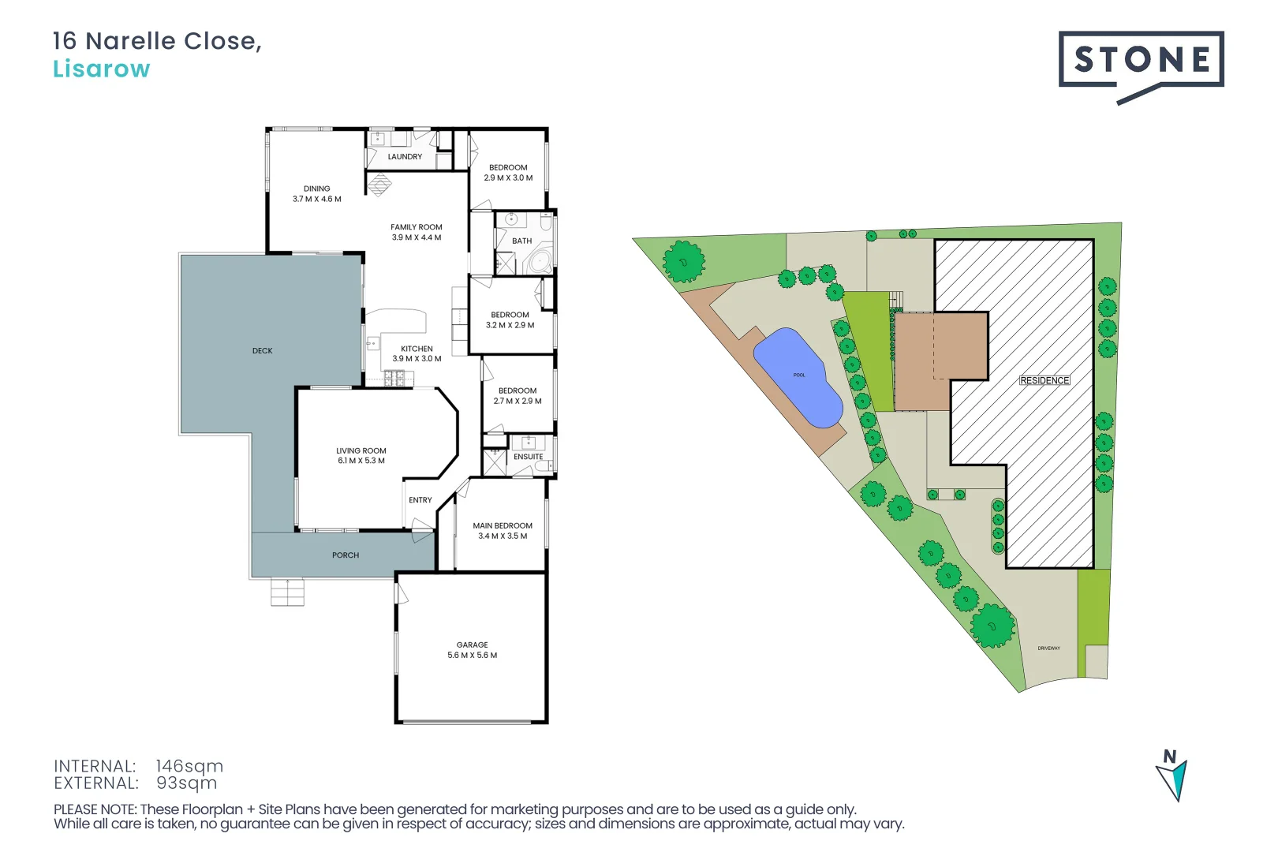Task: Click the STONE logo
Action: tap(1141, 60)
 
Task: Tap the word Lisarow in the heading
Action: tap(101, 69)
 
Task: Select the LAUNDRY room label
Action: tap(405, 157)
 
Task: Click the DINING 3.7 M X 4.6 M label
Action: tap(317, 194)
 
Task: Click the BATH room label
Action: tap(521, 241)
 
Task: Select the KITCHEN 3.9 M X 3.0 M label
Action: tap(417, 353)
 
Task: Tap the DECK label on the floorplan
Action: tap(263, 351)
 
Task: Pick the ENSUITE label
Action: tap(528, 457)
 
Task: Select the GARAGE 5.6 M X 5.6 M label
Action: tap(472, 650)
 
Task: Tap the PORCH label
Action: tap(346, 555)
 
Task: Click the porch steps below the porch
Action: tap(287, 592)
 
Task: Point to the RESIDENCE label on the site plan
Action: tap(1044, 380)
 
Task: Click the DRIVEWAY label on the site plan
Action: tap(1048, 648)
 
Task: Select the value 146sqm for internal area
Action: tap(189, 766)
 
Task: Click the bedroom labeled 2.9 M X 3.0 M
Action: tap(508, 173)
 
